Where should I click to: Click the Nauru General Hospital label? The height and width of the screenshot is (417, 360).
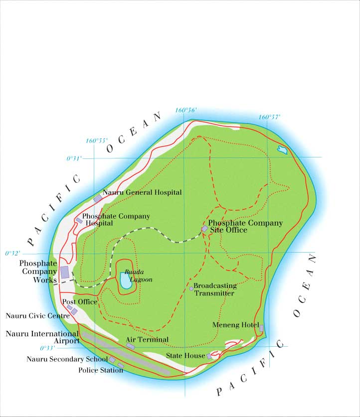pos(142,192)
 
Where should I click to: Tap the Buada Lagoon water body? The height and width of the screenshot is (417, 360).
pos(124,281)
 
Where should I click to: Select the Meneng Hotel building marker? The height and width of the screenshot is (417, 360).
pos(261,327)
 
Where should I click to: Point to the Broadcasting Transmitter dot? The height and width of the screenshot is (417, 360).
pos(191,288)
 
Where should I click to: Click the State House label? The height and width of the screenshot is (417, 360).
pos(185,356)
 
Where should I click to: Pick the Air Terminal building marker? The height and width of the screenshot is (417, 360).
pos(131,346)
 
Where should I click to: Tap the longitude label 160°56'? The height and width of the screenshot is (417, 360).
pos(186,110)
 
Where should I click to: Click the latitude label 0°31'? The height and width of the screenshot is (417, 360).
pos(74,158)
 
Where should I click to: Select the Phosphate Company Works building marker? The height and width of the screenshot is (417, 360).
pos(64,272)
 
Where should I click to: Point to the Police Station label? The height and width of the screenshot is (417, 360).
pos(101,370)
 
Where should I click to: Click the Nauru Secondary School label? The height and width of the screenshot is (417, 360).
pos(67,359)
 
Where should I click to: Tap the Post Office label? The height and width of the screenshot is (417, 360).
pos(80,302)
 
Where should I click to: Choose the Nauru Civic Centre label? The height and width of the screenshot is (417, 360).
pos(38,315)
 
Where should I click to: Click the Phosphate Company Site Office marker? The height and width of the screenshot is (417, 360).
pos(204,228)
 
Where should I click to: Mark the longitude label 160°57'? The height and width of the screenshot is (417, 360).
pos(270,117)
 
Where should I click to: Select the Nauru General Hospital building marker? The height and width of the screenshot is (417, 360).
pos(98,198)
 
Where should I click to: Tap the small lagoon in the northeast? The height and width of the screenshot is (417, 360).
pos(283,149)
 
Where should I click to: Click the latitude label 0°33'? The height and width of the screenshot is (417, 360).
pos(47,348)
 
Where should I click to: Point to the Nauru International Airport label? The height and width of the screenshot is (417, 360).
pos(42,337)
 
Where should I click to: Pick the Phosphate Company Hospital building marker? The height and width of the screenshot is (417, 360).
pos(79,220)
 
